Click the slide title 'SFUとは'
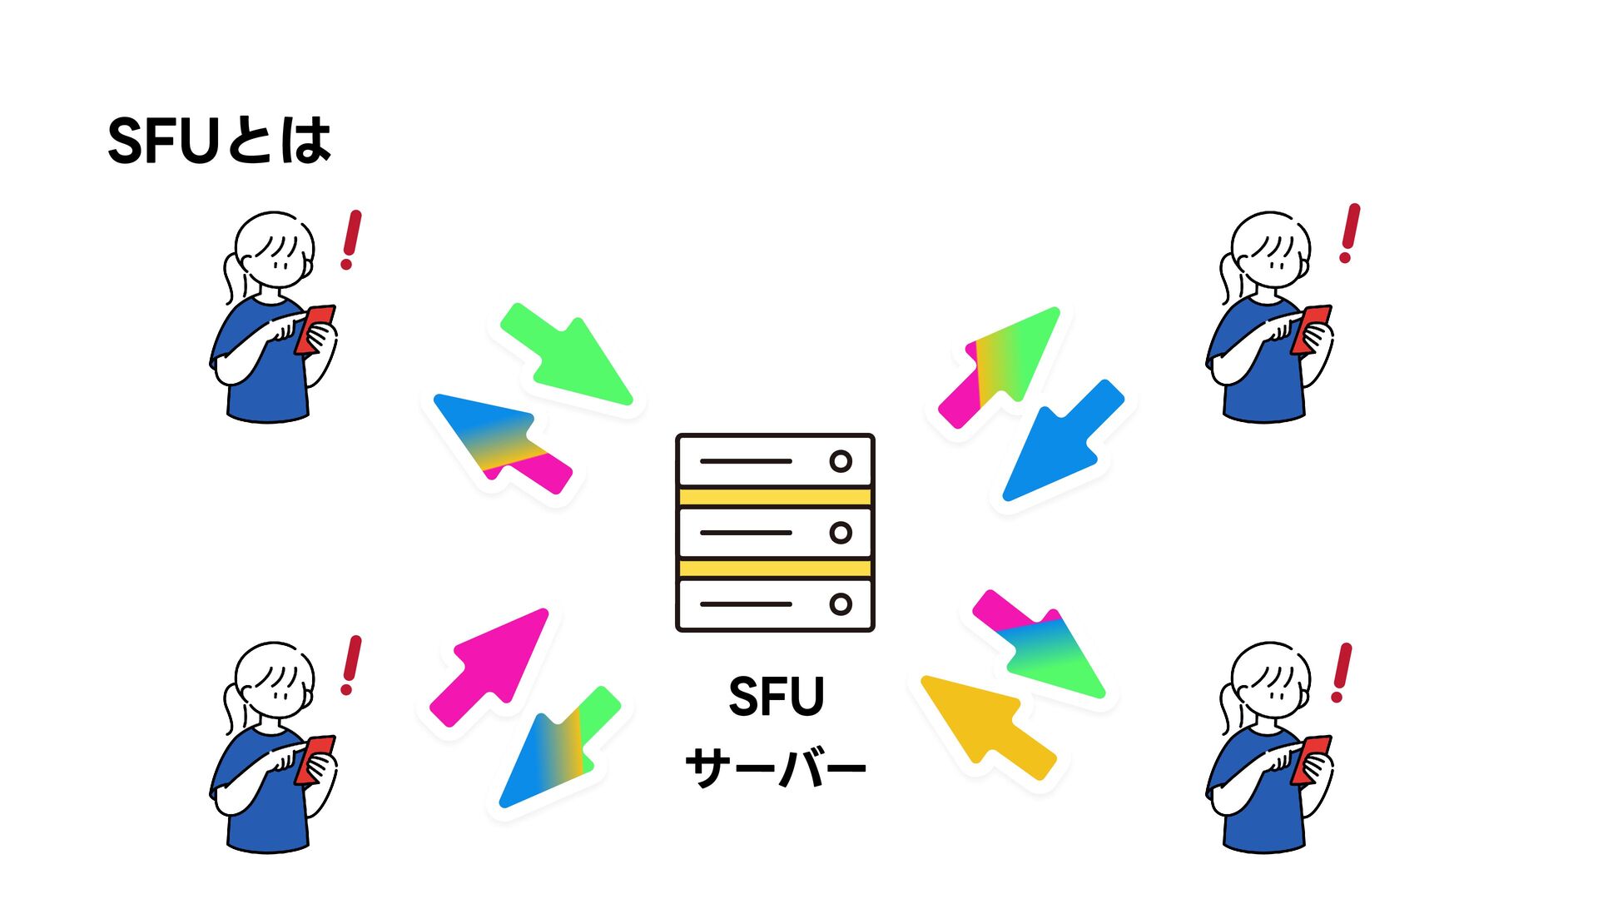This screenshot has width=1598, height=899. click(220, 141)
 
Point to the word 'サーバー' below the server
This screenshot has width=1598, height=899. click(776, 767)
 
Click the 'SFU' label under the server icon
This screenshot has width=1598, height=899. click(776, 697)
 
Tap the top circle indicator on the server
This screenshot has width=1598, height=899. click(841, 461)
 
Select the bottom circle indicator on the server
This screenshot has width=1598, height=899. click(841, 604)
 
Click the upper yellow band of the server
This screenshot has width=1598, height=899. click(775, 498)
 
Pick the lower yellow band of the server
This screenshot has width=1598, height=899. click(775, 569)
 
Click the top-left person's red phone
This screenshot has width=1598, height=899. click(315, 329)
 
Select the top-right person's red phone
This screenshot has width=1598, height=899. click(1312, 329)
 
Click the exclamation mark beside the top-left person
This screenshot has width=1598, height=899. click(351, 239)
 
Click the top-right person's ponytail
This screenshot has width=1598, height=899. click(1226, 279)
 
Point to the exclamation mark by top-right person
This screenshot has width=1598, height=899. click(1349, 233)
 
